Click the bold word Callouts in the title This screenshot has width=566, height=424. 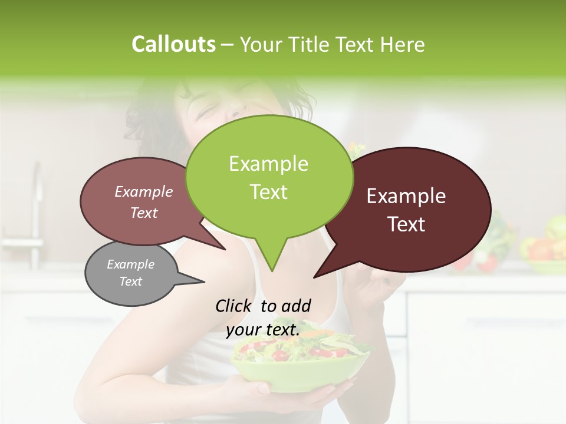pyautogui.click(x=173, y=44)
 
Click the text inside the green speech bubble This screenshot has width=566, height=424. pyautogui.click(x=268, y=178)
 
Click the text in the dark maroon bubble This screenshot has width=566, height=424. pyautogui.click(x=406, y=210)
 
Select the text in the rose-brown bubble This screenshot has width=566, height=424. pyautogui.click(x=144, y=202)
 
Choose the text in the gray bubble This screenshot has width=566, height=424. pyautogui.click(x=130, y=273)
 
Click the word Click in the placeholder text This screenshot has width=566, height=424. pyautogui.click(x=235, y=306)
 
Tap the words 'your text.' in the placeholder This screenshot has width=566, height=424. pyautogui.click(x=263, y=330)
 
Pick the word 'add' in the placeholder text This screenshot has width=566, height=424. pyautogui.click(x=296, y=306)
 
